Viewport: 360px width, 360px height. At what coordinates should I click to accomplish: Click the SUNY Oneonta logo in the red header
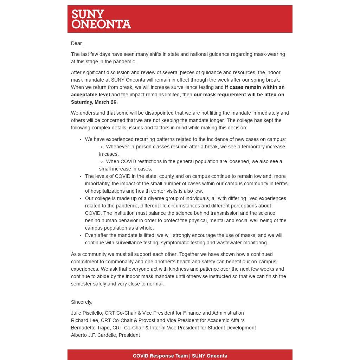(101, 19)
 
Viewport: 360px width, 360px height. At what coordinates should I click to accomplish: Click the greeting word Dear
(76, 43)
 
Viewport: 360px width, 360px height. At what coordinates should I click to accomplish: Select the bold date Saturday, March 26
(94, 102)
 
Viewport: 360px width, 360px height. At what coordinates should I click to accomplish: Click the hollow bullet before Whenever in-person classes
(102, 147)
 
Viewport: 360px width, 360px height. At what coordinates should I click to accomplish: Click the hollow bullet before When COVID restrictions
(102, 162)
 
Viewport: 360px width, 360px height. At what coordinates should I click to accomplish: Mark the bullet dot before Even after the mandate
(81, 236)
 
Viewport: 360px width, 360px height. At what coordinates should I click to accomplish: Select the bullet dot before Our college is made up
(81, 199)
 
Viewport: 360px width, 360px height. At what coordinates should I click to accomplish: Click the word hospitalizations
(105, 191)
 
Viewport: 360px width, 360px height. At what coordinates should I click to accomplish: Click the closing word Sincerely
(81, 302)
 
